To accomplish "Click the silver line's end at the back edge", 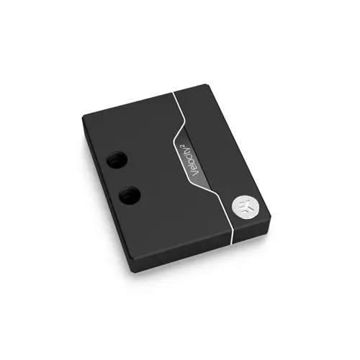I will [x=174, y=93].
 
